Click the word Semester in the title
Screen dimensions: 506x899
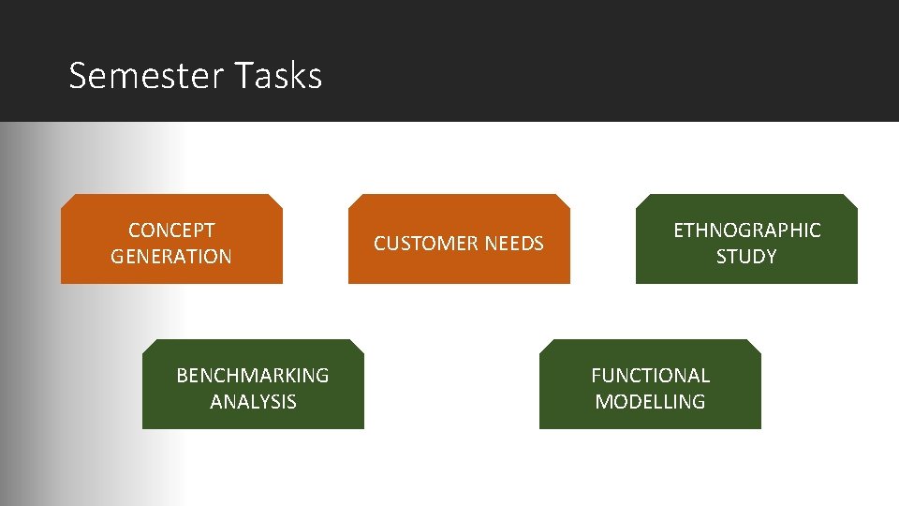146,75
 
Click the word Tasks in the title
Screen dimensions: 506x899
278,75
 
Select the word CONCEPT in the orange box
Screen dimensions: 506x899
171,231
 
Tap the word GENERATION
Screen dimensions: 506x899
171,257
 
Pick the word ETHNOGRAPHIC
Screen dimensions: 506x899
746,231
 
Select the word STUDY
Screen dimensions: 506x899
746,257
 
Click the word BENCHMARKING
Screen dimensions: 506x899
253,376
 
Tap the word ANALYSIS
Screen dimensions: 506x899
253,402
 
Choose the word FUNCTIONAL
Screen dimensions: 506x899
650,376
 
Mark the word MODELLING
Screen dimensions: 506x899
650,402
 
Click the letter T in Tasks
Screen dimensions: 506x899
243,75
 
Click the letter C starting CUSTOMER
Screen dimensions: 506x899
380,244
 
